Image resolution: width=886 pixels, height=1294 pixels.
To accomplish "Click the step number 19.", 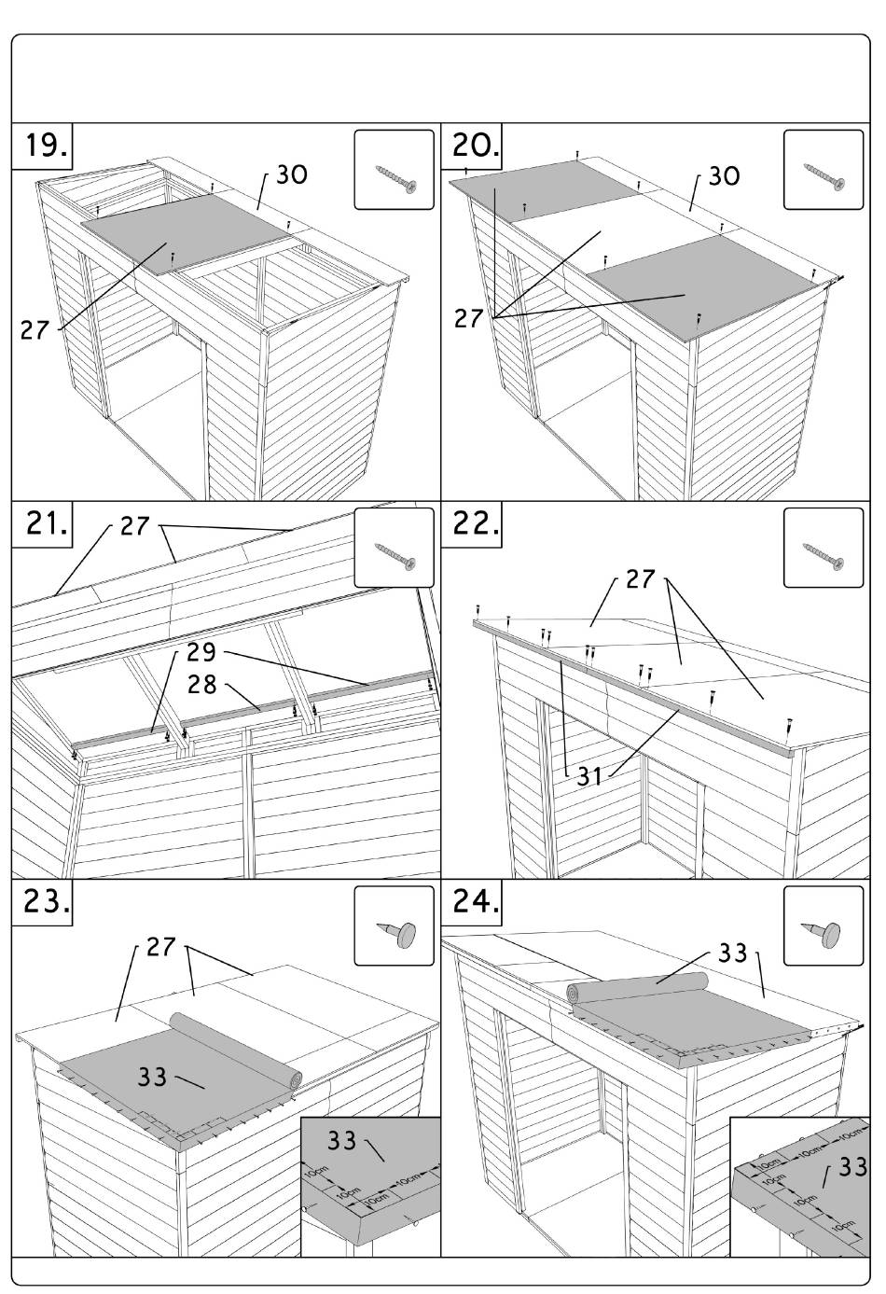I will tap(43, 146).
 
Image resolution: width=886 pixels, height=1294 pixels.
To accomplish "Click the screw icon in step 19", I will tap(394, 170).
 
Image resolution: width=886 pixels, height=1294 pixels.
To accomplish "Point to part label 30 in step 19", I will tap(292, 175).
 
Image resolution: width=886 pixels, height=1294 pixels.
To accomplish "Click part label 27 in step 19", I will tap(35, 329).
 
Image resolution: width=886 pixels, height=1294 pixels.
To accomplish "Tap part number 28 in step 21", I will tap(202, 686).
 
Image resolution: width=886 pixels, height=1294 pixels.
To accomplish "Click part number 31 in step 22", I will tap(589, 775).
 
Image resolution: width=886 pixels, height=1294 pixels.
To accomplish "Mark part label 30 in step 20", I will tap(725, 175).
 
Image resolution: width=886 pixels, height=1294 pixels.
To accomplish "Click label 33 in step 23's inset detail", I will tap(343, 1141).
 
